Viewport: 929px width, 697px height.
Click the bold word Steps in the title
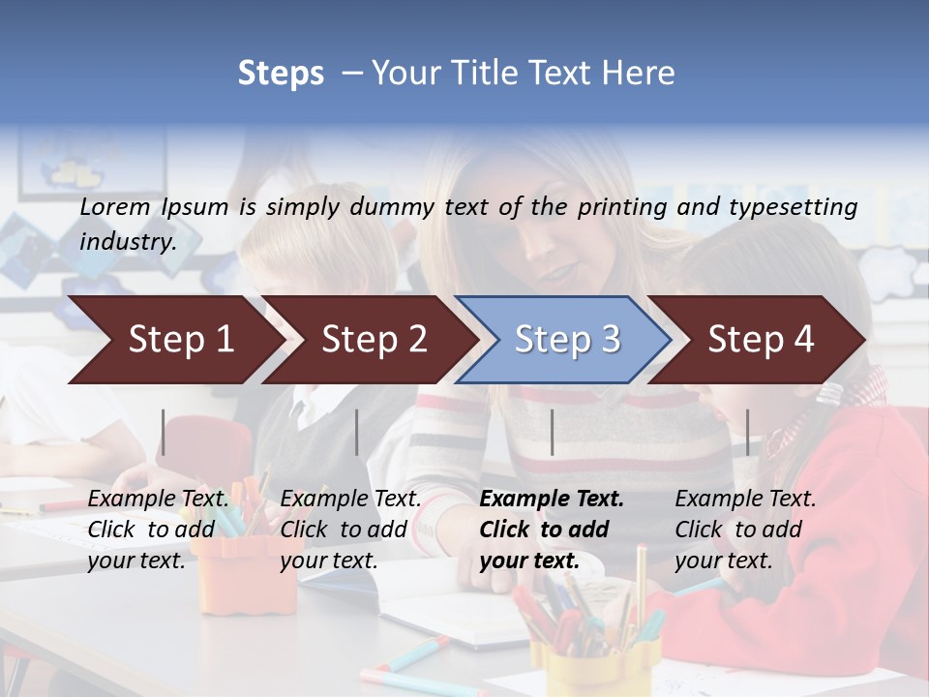pos(281,74)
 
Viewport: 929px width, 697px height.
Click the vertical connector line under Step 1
pos(164,432)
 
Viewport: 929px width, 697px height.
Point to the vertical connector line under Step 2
pos(357,432)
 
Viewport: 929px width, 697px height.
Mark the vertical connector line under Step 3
pos(552,432)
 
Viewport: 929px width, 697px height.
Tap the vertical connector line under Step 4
pos(747,432)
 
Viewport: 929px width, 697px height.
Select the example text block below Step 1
pos(158,530)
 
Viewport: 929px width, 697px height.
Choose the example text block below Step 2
pos(350,530)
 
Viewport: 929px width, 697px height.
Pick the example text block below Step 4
pos(745,530)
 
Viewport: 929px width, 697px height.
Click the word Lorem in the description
pos(115,206)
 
